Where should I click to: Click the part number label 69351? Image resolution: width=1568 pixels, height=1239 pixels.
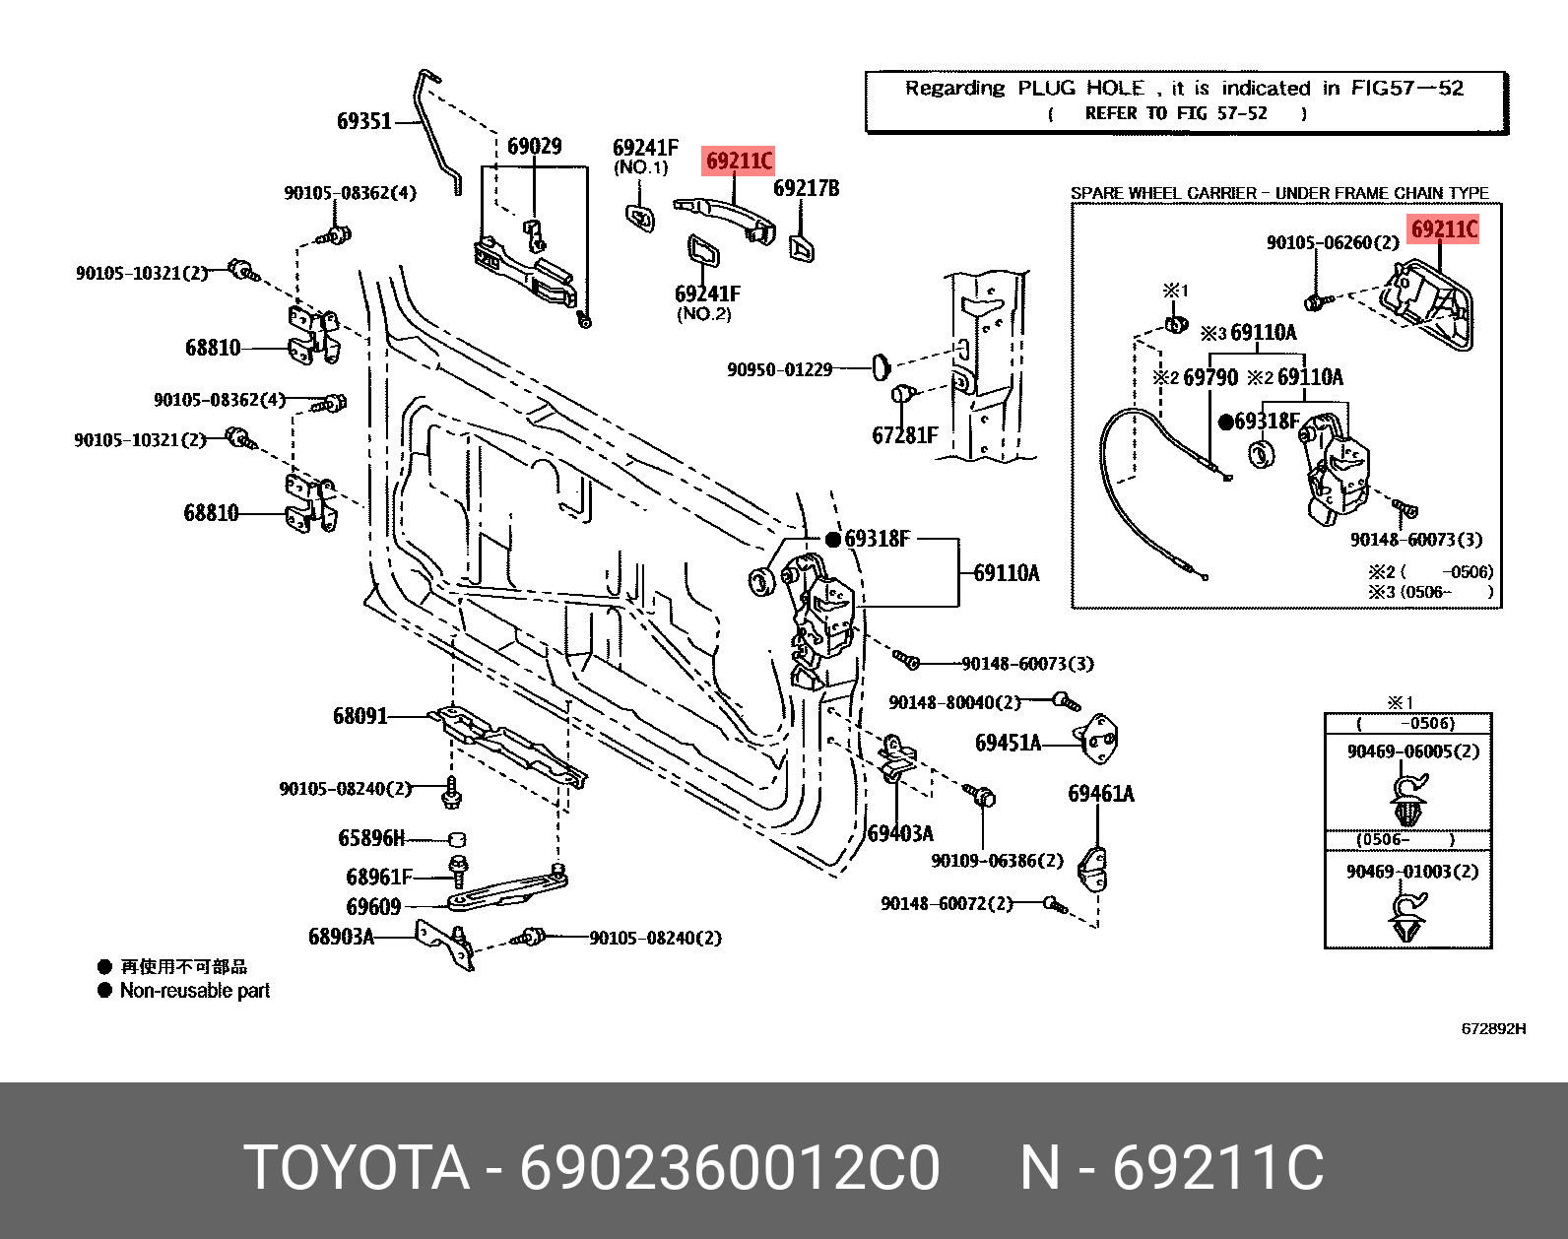[x=363, y=121]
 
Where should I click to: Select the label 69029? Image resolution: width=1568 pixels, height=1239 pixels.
[x=534, y=147]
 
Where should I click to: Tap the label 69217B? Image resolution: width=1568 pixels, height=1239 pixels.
[x=806, y=188]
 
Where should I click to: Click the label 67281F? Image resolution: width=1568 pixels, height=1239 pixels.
[x=904, y=434]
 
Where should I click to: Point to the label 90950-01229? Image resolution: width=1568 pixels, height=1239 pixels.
[x=779, y=369]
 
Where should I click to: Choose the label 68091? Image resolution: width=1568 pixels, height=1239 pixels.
[x=359, y=716]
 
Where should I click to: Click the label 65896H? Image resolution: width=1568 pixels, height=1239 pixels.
[x=370, y=838]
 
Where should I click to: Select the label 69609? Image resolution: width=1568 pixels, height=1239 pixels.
[x=373, y=906]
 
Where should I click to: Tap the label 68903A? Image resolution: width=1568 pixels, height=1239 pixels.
[x=341, y=936]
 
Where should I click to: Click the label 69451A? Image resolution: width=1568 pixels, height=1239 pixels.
[x=1007, y=743]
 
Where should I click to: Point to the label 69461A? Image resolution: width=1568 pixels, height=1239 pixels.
[x=1100, y=794]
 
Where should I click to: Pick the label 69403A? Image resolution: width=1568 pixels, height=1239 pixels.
[x=900, y=833]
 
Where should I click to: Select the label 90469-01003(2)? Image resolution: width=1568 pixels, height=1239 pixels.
[x=1411, y=872]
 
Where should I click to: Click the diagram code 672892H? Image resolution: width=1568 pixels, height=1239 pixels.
[x=1492, y=1028]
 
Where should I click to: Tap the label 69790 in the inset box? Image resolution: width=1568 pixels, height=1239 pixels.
[x=1209, y=377]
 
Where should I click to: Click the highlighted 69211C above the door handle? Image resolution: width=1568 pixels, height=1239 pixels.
[x=739, y=161]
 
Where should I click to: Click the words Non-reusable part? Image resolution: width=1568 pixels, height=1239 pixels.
[x=194, y=991]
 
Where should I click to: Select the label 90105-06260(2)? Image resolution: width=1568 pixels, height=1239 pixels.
[x=1332, y=242]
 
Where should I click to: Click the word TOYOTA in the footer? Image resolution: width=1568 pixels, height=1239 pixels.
[x=357, y=1168]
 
